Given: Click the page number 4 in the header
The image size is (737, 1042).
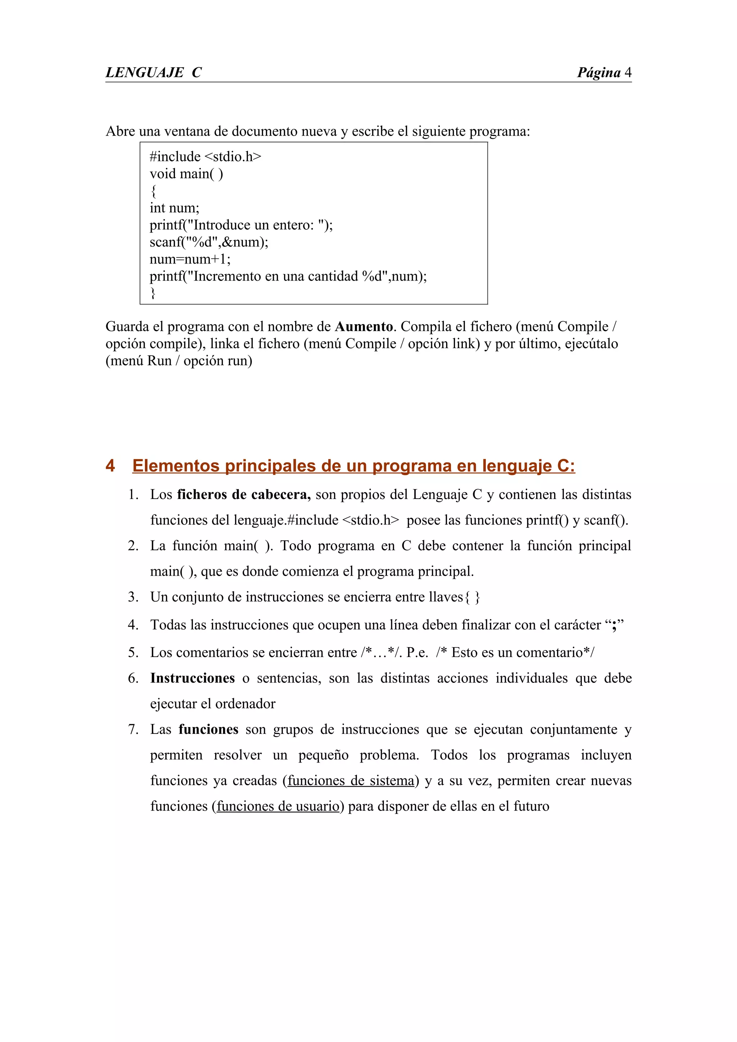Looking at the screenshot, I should tap(628, 73).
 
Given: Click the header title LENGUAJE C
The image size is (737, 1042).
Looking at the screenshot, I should tap(154, 73).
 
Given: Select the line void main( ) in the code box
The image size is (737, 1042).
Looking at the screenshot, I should tap(186, 174).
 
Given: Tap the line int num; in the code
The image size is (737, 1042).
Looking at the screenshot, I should tap(175, 208).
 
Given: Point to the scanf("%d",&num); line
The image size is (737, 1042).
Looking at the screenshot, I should tap(209, 242).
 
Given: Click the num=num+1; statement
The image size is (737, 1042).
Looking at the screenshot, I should tap(190, 259).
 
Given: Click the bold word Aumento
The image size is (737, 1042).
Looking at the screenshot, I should tap(364, 326).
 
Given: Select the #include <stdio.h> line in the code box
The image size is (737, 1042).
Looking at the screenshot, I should tap(205, 156).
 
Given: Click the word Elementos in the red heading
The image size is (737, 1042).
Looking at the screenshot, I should tap(176, 466).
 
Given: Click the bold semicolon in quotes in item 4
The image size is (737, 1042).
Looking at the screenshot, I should tap(614, 625).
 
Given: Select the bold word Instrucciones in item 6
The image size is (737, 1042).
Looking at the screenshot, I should tap(193, 678).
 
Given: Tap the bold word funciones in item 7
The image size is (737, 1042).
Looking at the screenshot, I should tap(208, 729).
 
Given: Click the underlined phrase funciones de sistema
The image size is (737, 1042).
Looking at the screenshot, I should tap(351, 781).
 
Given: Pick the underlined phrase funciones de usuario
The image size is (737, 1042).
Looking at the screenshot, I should tap(278, 806).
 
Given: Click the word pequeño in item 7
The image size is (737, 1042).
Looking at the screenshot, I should tap(323, 755).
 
